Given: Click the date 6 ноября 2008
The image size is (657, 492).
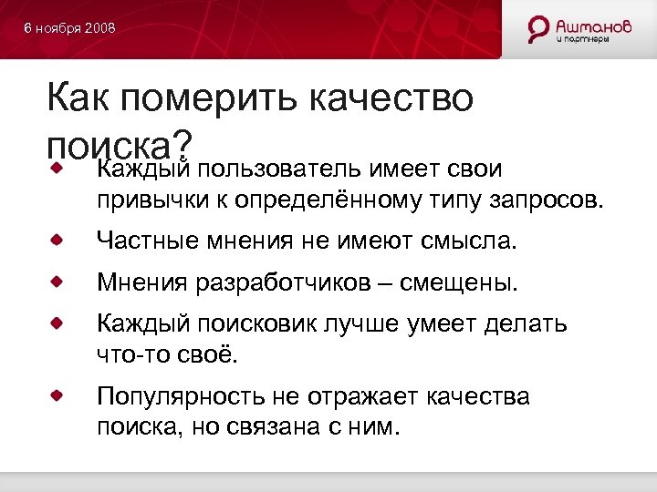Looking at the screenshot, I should (x=69, y=29).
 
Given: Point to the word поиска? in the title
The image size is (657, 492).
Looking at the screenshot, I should (x=120, y=144).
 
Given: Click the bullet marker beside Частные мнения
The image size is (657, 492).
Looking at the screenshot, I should (x=57, y=240).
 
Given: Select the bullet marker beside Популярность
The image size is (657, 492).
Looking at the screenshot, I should (x=57, y=395).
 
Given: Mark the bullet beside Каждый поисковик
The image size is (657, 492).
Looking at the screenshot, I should (x=57, y=323).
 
